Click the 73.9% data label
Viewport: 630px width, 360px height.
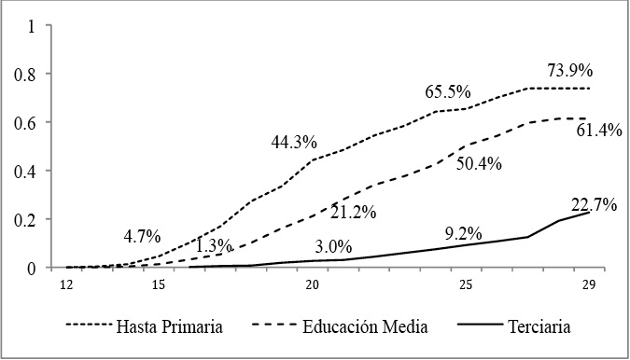click(571, 70)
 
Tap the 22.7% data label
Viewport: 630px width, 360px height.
click(593, 205)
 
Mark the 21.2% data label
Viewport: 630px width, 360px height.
click(353, 213)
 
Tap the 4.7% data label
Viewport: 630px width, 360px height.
click(145, 235)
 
